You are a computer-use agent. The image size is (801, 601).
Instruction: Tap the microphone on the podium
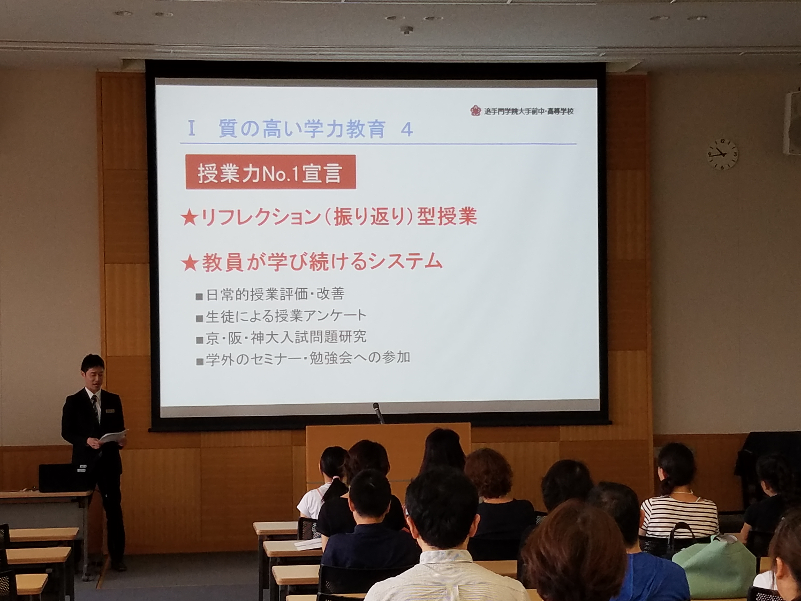[378, 413]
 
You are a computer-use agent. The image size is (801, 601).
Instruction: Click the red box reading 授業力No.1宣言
[271, 172]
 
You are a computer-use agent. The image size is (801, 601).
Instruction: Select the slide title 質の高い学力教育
[302, 129]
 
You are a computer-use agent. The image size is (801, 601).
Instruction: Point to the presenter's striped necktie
[95, 408]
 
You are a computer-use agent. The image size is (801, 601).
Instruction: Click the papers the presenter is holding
[113, 436]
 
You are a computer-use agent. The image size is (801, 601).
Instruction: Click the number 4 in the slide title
[407, 130]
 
